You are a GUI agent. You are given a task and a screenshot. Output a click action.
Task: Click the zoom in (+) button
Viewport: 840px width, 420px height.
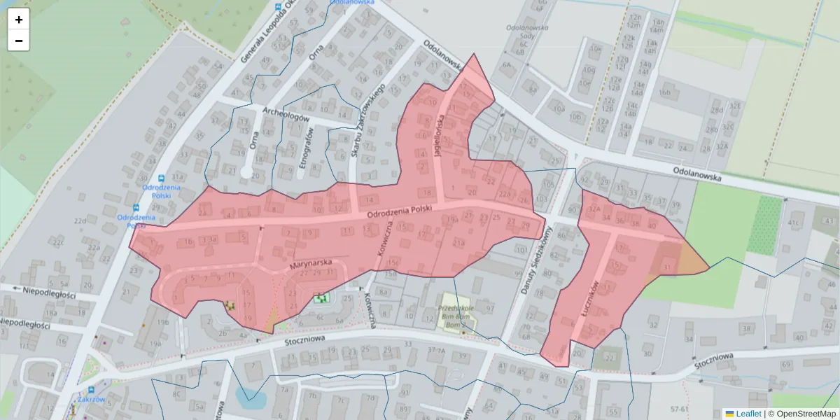pos(19,20)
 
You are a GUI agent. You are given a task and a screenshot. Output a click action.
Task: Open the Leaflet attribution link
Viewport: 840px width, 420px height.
pos(748,414)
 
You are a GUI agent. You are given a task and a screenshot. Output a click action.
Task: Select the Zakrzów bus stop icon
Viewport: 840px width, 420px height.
pos(92,390)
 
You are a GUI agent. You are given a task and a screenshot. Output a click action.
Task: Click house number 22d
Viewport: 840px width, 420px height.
pos(80,221)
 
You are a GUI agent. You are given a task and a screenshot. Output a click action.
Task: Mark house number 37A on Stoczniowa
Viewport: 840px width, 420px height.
pos(437,351)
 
